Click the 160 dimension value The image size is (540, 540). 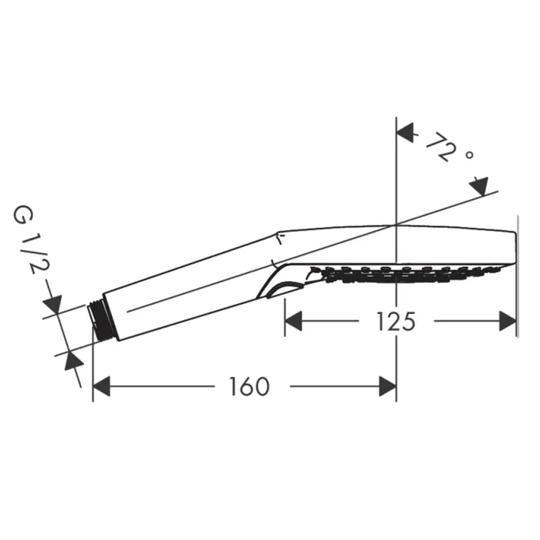[x=249, y=386]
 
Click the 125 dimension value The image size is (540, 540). [x=396, y=322]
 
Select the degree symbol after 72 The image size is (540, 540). [x=469, y=155]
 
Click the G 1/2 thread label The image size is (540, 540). [x=30, y=240]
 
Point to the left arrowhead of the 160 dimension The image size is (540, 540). [x=101, y=386]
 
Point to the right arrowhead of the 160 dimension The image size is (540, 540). [x=388, y=386]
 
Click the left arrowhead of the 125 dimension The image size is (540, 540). [x=293, y=321]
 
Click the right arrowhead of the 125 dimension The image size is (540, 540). [x=508, y=321]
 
